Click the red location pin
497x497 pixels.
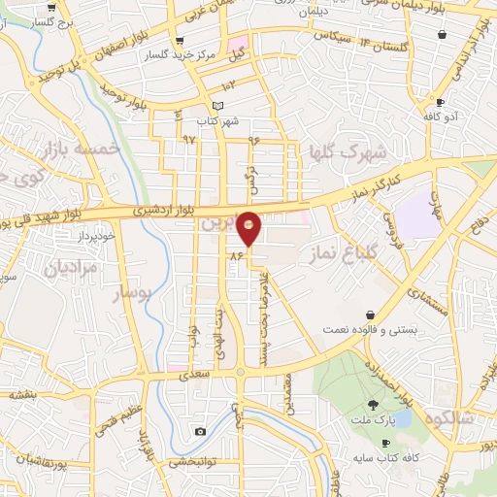249,227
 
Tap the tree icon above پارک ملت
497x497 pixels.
374,405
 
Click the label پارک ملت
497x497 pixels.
374,419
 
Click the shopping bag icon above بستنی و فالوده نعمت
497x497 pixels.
372,315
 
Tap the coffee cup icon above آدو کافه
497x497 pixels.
440,102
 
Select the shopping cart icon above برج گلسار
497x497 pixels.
49,7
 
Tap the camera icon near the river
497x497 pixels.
200,431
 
